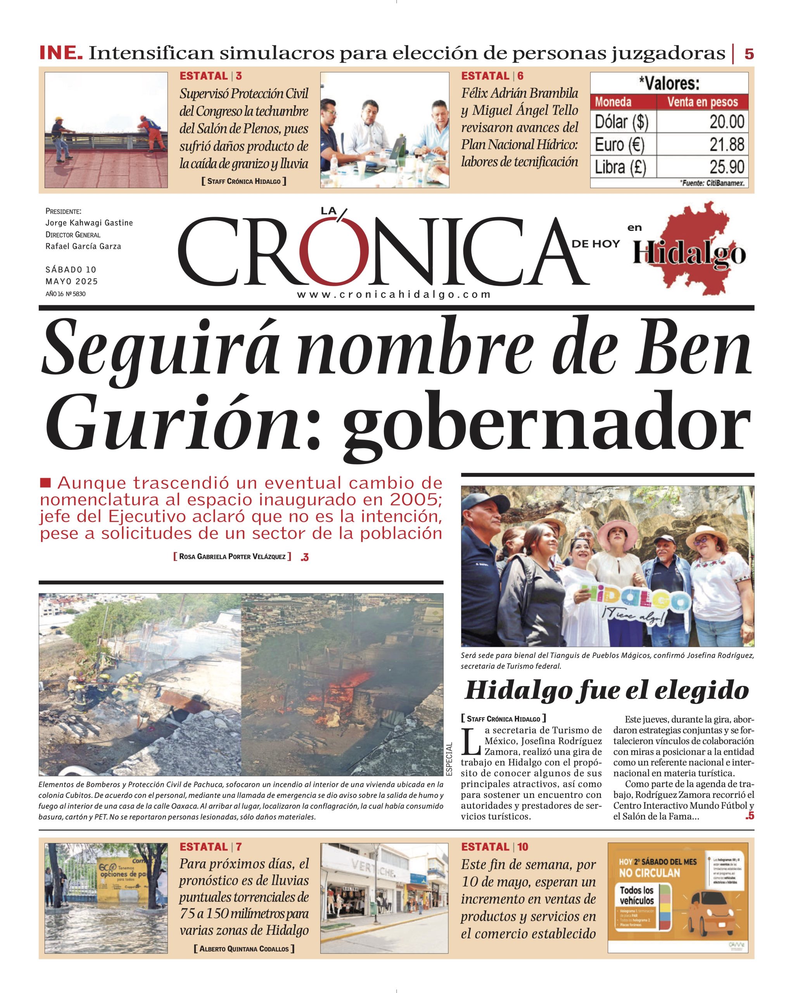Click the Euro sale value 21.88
726,145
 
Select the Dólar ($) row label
621,122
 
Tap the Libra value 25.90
726,167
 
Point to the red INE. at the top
61,53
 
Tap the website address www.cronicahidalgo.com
394,295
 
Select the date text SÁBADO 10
71,270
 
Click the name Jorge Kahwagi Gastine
89,223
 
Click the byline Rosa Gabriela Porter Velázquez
232,556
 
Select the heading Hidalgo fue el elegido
606,691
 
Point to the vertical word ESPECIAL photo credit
449,759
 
